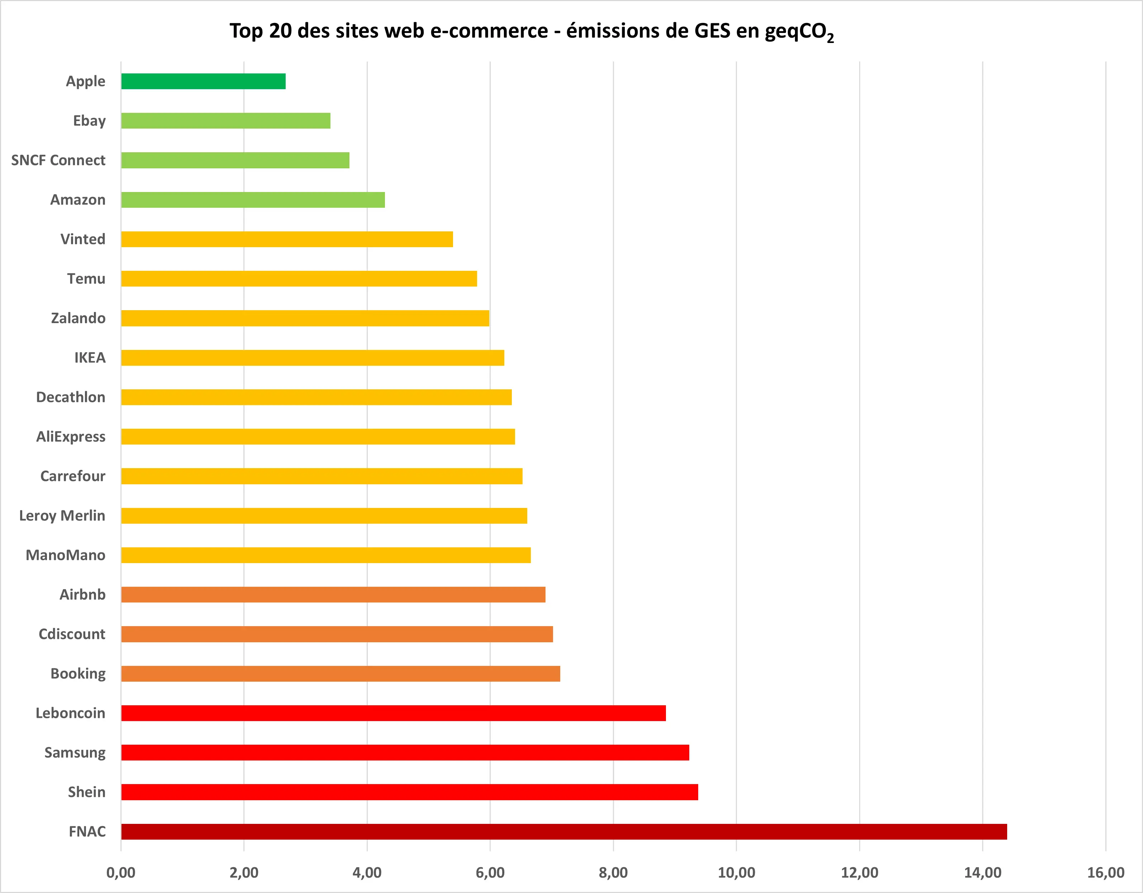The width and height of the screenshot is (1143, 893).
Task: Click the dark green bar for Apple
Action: point(203,82)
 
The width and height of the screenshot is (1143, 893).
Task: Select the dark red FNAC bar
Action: point(564,831)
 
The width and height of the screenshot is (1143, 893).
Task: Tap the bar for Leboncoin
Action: point(393,713)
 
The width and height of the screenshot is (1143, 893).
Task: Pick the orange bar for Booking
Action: point(340,674)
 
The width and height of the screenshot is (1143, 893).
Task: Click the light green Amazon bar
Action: point(253,200)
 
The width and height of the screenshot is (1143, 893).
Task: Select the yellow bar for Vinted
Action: point(287,239)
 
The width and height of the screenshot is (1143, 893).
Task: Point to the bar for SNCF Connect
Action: point(235,160)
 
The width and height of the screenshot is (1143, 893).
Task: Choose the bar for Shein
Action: point(409,792)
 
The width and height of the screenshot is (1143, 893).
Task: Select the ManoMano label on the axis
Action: point(66,555)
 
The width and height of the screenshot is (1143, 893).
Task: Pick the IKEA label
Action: point(90,358)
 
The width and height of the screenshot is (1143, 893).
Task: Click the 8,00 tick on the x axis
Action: point(613,873)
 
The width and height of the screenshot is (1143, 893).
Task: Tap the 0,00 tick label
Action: point(120,873)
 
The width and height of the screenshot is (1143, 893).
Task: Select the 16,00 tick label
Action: point(1105,873)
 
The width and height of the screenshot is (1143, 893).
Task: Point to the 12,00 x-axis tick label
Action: point(859,873)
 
